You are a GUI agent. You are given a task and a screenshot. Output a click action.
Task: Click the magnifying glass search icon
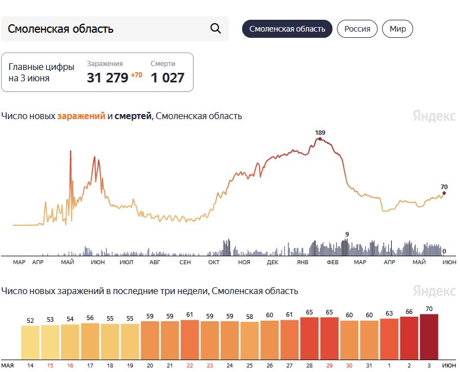pos(216,29)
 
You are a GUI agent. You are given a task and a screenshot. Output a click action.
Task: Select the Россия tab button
pos(357,29)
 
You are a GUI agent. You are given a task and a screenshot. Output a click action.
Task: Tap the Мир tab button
pos(397,29)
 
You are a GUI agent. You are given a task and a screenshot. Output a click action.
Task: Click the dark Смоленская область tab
pos(287,29)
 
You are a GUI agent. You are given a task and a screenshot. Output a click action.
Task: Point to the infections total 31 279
pos(108,78)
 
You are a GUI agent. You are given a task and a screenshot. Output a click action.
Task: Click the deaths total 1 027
pos(168,78)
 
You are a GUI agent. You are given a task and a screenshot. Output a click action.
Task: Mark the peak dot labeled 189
pos(320,139)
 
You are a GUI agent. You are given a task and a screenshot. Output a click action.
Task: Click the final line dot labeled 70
pos(444,193)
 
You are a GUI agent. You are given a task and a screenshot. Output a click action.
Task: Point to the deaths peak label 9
pos(347,234)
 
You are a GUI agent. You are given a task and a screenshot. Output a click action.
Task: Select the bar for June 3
pos(429,337)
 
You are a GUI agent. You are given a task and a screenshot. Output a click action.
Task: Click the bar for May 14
pos(30,343)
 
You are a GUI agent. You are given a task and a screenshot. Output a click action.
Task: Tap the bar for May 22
pos(190,340)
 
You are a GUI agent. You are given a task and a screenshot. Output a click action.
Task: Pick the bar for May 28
pos(309,338)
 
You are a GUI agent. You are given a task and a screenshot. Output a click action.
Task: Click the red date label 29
pos(330,366)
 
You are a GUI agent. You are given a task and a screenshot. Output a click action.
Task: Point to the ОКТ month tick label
pos(214,262)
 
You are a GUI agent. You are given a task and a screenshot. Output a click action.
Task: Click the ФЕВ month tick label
pos(332,262)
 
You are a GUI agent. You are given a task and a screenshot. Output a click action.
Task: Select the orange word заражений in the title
pos(81,116)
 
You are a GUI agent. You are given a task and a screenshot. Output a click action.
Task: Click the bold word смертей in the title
pos(133,116)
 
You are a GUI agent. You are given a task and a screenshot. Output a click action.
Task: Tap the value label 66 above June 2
pos(409,312)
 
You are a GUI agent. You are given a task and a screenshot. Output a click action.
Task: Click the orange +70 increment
pos(137,75)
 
